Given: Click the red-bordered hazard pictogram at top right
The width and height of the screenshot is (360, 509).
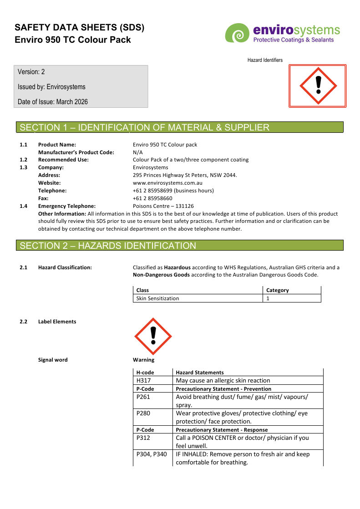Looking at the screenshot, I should point(317,86).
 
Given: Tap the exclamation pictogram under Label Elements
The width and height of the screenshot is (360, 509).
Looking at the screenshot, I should point(153,337).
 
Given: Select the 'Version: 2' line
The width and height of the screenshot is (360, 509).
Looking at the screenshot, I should point(31,72).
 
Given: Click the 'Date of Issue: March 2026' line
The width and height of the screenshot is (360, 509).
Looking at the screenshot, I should point(53,102).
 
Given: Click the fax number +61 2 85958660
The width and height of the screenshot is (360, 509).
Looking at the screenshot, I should point(152,198).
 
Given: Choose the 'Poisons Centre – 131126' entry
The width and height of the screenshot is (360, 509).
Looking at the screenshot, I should point(163,206).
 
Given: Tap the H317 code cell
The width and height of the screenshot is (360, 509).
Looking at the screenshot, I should point(144,381).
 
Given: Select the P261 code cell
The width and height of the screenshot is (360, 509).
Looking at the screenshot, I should point(143,397).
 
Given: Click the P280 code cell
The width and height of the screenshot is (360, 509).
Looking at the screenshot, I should point(143,413).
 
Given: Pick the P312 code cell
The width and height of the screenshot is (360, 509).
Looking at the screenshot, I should point(143,438).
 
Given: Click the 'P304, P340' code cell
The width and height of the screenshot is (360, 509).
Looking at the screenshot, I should point(152,454).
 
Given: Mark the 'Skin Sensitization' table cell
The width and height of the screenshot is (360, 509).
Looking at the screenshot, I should point(157,298).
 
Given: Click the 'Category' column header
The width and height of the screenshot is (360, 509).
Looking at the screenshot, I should point(277,290).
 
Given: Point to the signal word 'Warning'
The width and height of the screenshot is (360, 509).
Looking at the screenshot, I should point(143,360).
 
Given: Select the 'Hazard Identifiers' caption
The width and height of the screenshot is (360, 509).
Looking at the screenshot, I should point(265,60).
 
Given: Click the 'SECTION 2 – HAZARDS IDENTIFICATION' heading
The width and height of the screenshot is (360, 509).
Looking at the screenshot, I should point(108,246).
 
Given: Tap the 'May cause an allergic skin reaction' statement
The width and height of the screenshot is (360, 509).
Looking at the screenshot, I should point(223,381).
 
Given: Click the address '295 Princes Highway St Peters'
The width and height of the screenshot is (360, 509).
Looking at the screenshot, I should point(185,175).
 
